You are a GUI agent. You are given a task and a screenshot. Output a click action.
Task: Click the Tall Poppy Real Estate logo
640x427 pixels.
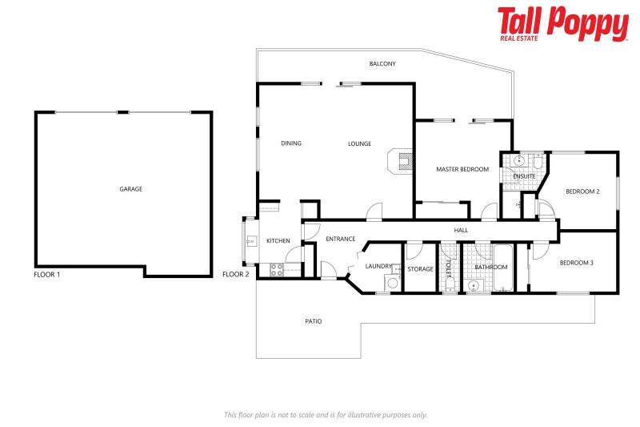[x=562, y=24]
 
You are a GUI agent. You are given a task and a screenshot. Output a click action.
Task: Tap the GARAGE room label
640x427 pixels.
[x=130, y=189]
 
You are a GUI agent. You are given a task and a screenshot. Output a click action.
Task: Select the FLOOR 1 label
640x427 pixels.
[x=47, y=274]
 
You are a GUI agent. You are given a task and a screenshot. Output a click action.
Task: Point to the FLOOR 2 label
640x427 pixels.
[x=236, y=274]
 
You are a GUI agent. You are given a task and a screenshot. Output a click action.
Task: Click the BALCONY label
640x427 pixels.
[x=382, y=64]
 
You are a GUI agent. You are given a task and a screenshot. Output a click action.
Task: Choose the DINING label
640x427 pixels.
[x=291, y=143]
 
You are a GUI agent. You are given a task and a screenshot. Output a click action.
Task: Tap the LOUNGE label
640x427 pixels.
[x=359, y=143]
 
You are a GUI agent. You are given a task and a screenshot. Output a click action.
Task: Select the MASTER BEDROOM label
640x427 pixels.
[x=462, y=169]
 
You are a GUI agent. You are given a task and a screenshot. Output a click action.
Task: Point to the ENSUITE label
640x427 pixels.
[x=524, y=176]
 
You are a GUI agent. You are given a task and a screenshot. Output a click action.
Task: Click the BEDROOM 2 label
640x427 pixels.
[x=582, y=191]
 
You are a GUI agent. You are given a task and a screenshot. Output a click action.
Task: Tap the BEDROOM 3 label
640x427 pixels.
[x=576, y=263]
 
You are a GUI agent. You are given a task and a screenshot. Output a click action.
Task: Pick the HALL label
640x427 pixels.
[x=461, y=231]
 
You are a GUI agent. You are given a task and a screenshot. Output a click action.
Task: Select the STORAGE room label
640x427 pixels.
[x=420, y=269]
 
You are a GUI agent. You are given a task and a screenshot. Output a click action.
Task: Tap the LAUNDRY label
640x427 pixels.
[x=378, y=266]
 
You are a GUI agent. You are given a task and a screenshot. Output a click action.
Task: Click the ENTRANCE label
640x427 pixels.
[x=340, y=239]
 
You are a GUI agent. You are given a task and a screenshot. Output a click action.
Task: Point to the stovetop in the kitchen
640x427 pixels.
[x=277, y=270]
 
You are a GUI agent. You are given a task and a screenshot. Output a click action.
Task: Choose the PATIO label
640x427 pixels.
[x=314, y=321]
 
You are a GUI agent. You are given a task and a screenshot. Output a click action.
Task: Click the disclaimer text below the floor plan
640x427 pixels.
[x=326, y=415]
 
